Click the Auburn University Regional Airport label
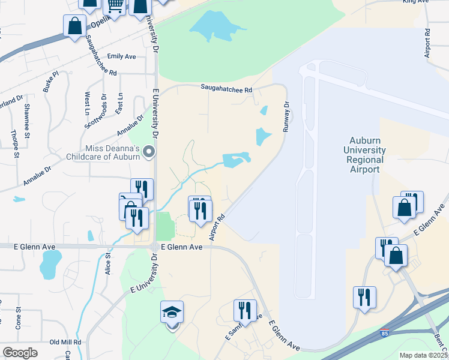tap(364, 155)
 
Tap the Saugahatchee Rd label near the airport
tap(226, 88)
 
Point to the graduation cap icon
tap(172, 312)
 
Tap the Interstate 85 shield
tap(384, 332)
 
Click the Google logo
tap(20, 353)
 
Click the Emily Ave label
tap(121, 56)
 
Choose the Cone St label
tap(18, 319)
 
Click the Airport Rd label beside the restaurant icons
tap(217, 227)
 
